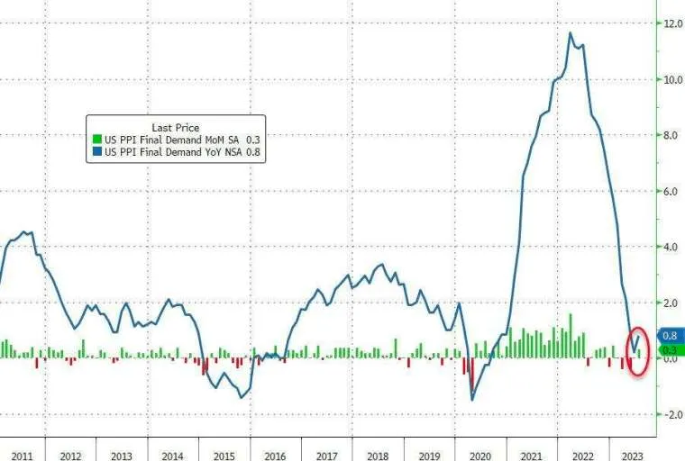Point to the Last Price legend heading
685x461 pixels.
[x=177, y=128]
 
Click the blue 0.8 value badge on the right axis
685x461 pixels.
[x=669, y=335]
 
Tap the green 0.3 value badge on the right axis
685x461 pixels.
[x=669, y=349]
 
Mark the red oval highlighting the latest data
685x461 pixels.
[x=637, y=351]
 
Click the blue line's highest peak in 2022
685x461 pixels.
[x=570, y=33]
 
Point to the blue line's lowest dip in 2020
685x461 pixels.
[x=472, y=399]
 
